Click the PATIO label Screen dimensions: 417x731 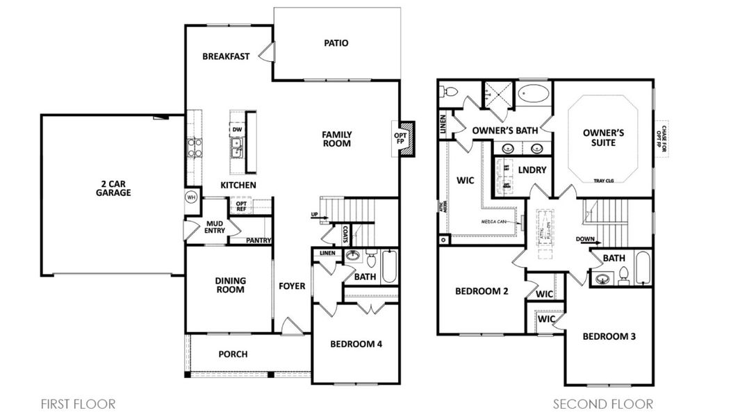(x=336, y=43)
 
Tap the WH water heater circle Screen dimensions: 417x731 (x=190, y=197)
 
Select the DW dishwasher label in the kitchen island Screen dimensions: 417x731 (x=237, y=129)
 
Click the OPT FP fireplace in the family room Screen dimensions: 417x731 (x=405, y=140)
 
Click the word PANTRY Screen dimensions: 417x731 (x=258, y=240)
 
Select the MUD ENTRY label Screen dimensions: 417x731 (x=215, y=227)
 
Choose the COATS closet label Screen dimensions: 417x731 (x=345, y=236)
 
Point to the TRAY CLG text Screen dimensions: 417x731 (x=605, y=181)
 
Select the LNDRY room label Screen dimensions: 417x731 (x=532, y=170)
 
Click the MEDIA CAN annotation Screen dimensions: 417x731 (x=498, y=222)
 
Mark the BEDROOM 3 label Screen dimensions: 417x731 (x=608, y=336)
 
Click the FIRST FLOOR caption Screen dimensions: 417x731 (x=78, y=404)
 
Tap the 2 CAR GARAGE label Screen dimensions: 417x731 (x=113, y=188)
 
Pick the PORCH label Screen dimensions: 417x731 (x=233, y=354)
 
